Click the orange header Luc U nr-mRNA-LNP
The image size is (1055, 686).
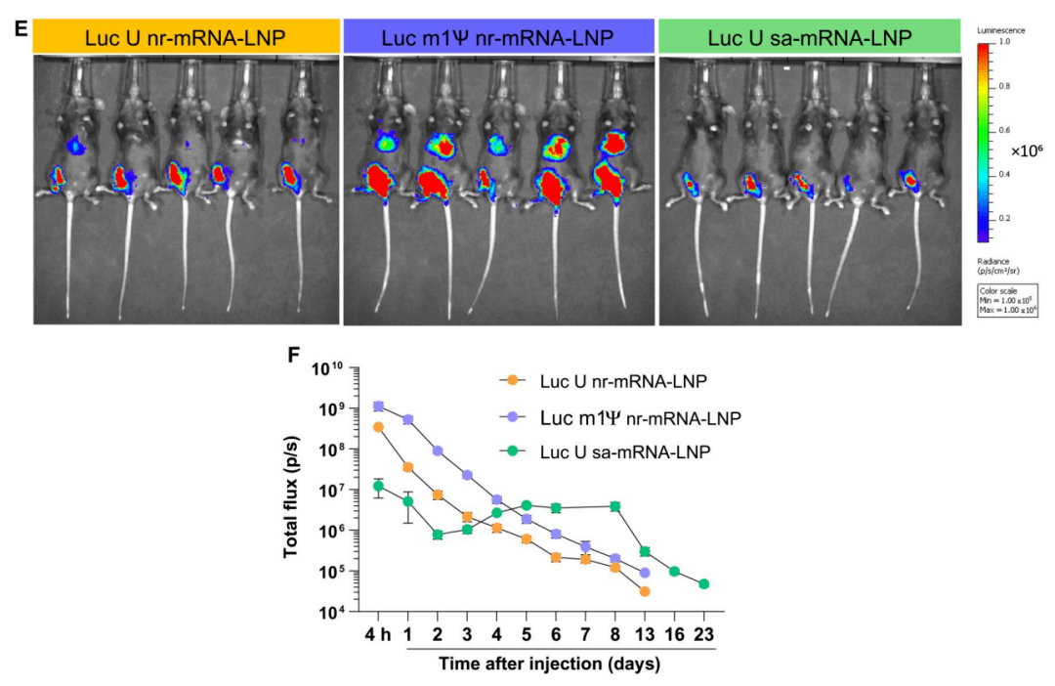point(186,37)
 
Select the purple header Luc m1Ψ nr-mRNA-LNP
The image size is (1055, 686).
point(498,37)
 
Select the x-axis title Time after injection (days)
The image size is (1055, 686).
point(549,665)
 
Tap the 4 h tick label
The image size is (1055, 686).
point(378,634)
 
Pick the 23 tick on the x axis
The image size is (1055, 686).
point(703,634)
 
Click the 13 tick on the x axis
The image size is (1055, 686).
point(644,634)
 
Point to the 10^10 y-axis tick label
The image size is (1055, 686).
point(327,369)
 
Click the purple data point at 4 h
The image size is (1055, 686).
point(379,407)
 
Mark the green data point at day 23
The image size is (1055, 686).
point(703,583)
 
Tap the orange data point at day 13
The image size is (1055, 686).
point(644,591)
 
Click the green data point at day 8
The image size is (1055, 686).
point(614,506)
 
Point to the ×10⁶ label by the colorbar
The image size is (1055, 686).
point(1026,151)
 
